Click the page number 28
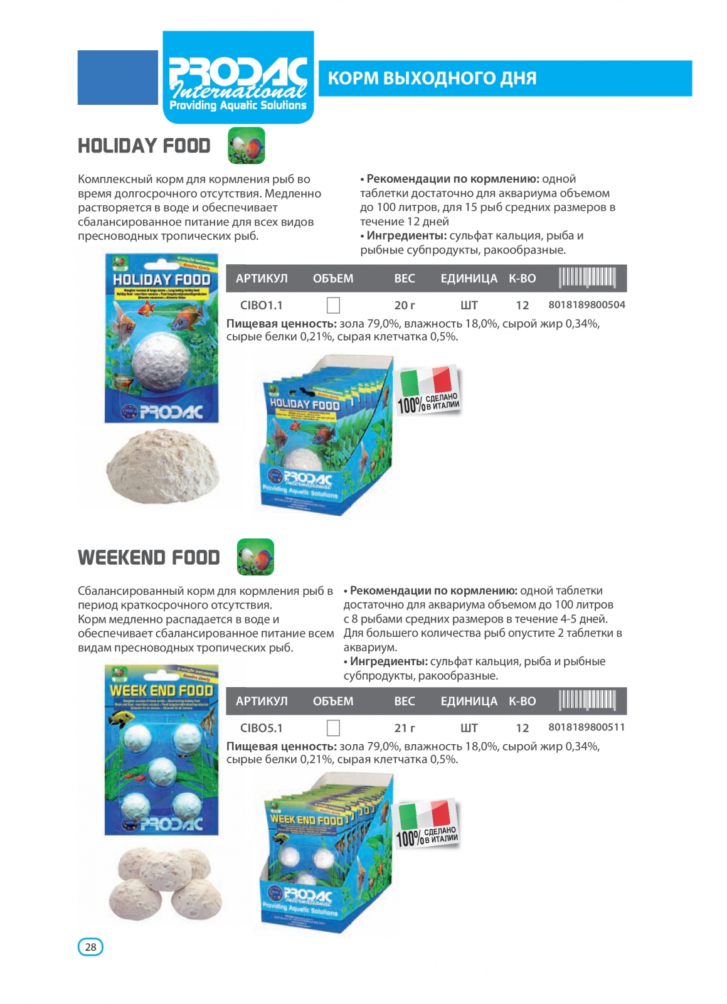point(90,947)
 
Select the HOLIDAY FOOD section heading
point(144,146)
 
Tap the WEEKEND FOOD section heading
point(149,558)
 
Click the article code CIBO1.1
point(261,306)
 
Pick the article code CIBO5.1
point(261,729)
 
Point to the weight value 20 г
point(405,306)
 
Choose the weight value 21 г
point(405,729)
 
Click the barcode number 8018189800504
point(586,305)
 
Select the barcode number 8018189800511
point(586,727)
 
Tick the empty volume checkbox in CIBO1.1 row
point(334,306)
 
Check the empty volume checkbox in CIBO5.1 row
point(334,728)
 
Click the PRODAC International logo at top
point(238,77)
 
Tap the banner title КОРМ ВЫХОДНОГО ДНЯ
point(432,78)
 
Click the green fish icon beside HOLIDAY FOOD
point(247,146)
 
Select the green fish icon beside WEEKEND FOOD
point(255,557)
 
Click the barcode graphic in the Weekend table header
point(587,700)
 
